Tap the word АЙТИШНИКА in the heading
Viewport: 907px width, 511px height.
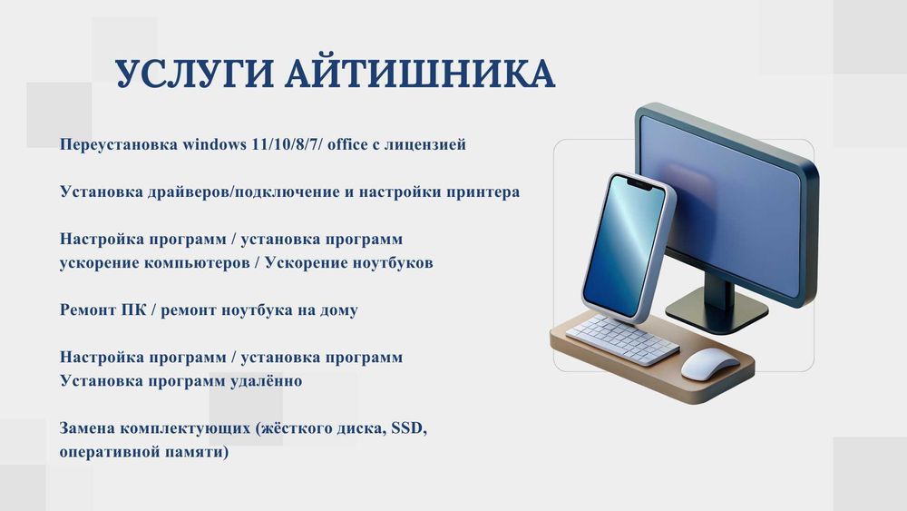coord(419,74)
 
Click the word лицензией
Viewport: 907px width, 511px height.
coord(427,144)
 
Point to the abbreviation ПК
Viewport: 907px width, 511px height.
coord(133,310)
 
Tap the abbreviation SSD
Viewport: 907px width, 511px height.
coord(406,428)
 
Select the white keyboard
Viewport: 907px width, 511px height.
coord(622,339)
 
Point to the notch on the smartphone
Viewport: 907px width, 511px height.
coord(641,185)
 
